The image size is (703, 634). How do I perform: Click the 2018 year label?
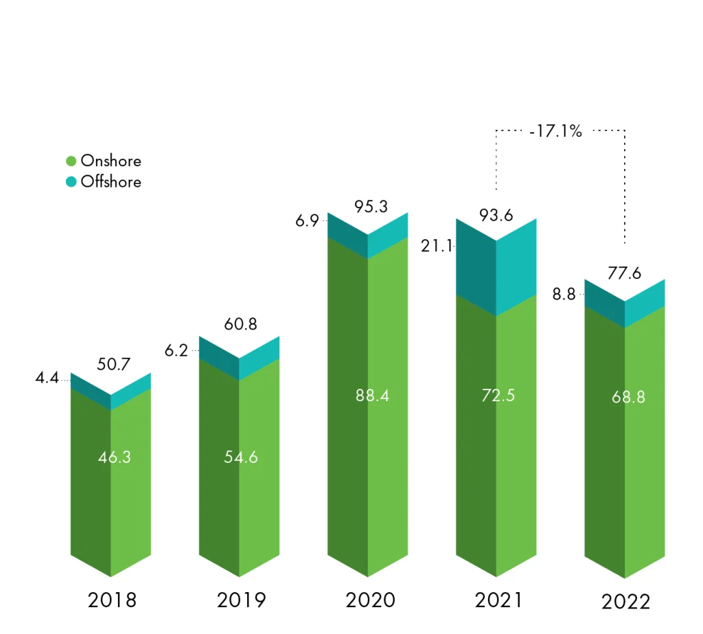(x=112, y=600)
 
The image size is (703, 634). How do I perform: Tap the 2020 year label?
(x=370, y=600)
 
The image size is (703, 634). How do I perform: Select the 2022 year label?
(x=625, y=602)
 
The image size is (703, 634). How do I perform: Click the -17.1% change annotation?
(x=555, y=131)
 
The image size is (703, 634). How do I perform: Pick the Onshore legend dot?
(x=71, y=161)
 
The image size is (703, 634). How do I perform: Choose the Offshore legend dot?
(x=71, y=182)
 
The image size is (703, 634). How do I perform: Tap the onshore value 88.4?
(x=372, y=396)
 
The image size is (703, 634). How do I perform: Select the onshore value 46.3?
(x=114, y=457)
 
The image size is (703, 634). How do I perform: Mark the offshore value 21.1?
(x=436, y=247)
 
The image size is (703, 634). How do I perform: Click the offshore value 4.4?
(x=47, y=377)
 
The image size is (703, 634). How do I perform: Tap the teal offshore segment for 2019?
(x=240, y=358)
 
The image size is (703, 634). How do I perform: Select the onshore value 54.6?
(x=241, y=457)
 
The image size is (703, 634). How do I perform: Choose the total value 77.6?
(x=625, y=274)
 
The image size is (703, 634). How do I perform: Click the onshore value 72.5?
(x=498, y=396)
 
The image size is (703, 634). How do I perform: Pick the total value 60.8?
(x=240, y=324)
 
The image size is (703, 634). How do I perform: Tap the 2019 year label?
(x=241, y=600)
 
